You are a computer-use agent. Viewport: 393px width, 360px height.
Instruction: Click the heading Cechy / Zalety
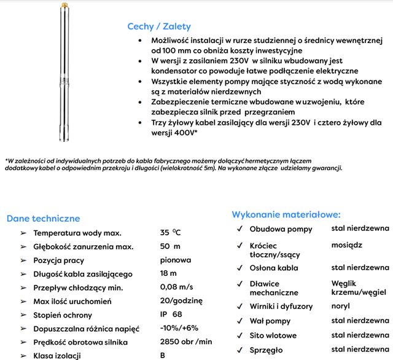[158, 26]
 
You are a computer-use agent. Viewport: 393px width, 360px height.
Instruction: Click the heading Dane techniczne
[43, 218]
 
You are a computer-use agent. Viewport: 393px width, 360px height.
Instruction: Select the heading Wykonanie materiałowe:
[286, 214]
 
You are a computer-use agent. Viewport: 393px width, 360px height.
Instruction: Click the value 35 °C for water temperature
[171, 233]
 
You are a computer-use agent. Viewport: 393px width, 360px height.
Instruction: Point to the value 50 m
[169, 246]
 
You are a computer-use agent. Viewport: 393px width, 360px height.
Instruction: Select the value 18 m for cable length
[169, 273]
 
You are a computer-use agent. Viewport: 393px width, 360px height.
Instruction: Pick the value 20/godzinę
[181, 301]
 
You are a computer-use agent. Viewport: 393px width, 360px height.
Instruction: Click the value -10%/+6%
[180, 328]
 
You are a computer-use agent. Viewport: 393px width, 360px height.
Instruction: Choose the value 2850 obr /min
[186, 342]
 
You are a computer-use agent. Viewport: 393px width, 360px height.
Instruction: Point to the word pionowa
[175, 260]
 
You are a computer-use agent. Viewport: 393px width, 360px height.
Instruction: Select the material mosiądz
[346, 244]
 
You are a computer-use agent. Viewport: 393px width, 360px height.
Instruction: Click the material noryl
[341, 306]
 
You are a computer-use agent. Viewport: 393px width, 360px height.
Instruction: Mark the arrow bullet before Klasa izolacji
[23, 356]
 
